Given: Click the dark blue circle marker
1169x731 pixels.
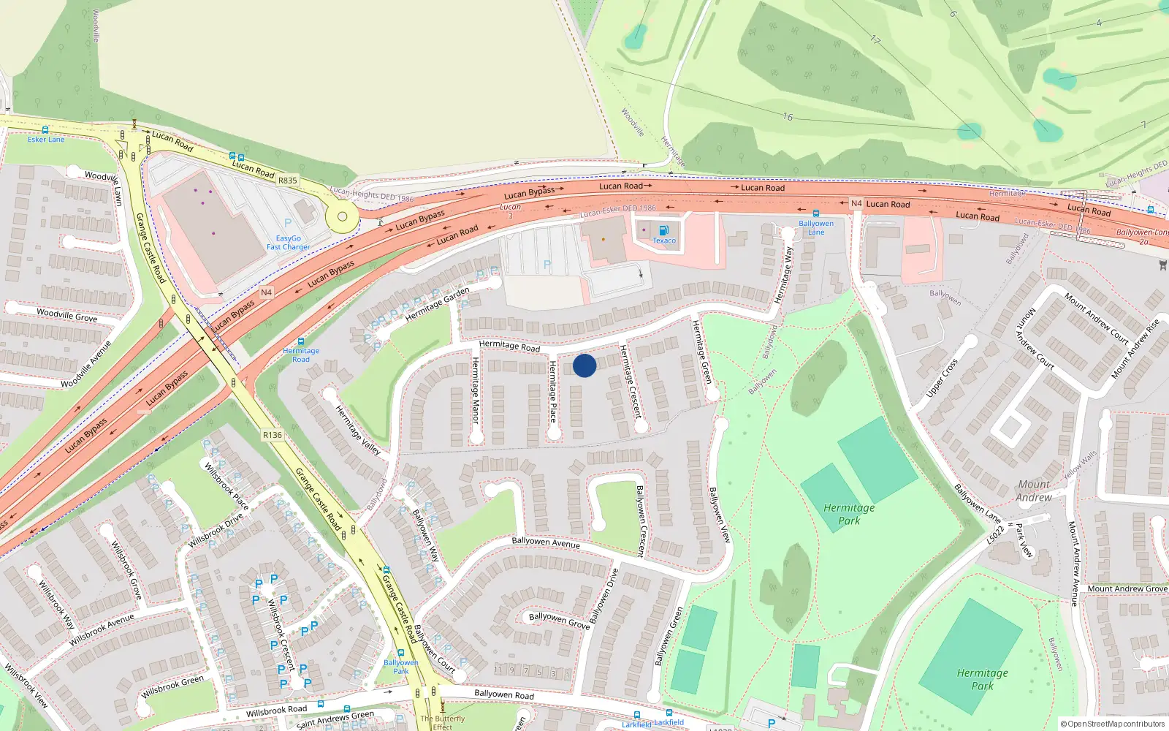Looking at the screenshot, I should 584,365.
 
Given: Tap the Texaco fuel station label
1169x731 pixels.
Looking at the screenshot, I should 664,240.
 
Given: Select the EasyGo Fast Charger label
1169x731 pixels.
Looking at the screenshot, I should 289,243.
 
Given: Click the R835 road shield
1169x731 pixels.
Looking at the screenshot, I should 288,181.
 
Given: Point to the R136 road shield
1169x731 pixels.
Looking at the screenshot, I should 273,435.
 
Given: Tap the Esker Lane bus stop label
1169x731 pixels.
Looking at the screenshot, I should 46,140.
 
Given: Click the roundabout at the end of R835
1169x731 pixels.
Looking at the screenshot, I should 342,216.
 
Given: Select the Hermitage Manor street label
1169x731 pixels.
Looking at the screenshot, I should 476,390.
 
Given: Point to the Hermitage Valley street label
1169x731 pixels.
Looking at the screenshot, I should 358,431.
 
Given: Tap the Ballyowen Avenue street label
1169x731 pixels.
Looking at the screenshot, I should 546,542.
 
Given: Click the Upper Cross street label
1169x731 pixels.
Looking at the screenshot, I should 942,379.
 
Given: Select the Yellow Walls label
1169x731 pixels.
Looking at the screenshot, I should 1080,466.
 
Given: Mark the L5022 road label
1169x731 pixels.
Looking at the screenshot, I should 996,535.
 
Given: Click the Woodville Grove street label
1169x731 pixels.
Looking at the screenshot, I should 66,315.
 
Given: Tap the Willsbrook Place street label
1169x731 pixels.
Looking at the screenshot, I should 226,486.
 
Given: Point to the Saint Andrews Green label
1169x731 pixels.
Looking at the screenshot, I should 335,720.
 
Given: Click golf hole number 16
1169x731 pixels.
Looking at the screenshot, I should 788,117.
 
